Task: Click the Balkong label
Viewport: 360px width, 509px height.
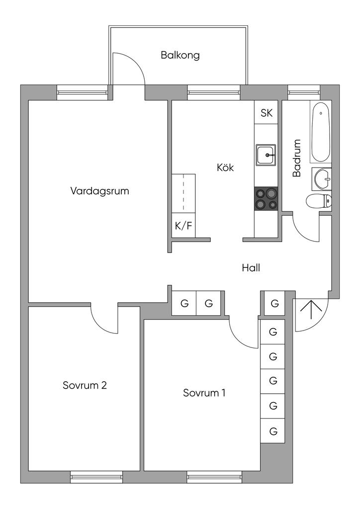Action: tap(180, 55)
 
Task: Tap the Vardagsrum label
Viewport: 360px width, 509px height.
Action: tap(99, 190)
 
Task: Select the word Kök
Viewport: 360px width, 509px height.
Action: tap(225, 168)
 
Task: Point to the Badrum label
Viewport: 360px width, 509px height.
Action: tap(297, 158)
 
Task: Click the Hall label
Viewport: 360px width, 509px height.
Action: tap(251, 268)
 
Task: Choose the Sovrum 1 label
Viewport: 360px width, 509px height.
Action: tap(204, 393)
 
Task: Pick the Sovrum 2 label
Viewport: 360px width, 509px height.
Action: tap(85, 385)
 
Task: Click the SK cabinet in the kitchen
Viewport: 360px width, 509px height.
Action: tap(266, 112)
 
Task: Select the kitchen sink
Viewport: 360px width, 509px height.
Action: tap(266, 155)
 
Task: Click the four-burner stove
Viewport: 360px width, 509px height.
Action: tap(266, 199)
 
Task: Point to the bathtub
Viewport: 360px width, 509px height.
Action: tap(321, 132)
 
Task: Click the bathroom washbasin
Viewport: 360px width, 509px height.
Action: tap(322, 179)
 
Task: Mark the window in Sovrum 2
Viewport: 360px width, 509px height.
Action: tap(96, 477)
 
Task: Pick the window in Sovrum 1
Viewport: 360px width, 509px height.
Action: tap(214, 477)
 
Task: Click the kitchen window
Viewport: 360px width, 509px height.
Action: tap(214, 92)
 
